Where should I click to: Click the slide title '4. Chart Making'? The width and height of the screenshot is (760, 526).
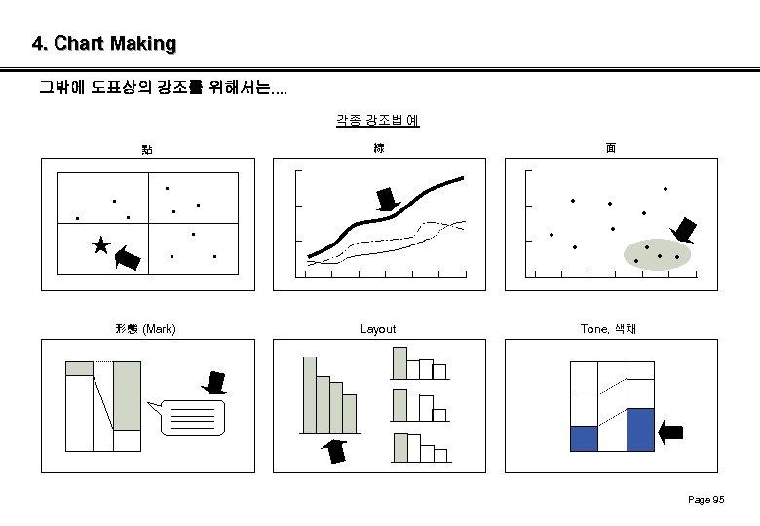pos(103,44)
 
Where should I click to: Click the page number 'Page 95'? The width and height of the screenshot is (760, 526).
pos(705,500)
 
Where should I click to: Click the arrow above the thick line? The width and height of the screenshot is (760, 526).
pos(388,199)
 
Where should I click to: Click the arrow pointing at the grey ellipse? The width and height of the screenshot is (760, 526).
pos(684,231)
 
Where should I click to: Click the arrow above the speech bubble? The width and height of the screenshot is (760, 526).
pos(214,382)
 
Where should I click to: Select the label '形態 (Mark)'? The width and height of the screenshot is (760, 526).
pos(145,329)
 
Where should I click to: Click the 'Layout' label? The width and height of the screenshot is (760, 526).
pos(378,329)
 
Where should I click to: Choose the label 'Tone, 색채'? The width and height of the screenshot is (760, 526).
pos(609,329)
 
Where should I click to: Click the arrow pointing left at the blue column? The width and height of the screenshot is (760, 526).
pos(671,432)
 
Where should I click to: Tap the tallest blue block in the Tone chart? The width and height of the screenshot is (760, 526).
pos(640,430)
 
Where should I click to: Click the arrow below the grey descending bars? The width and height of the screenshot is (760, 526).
pos(335,453)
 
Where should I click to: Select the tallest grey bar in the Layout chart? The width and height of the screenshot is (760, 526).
pos(309,394)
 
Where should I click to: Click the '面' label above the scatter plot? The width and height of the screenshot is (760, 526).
pos(610,148)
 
